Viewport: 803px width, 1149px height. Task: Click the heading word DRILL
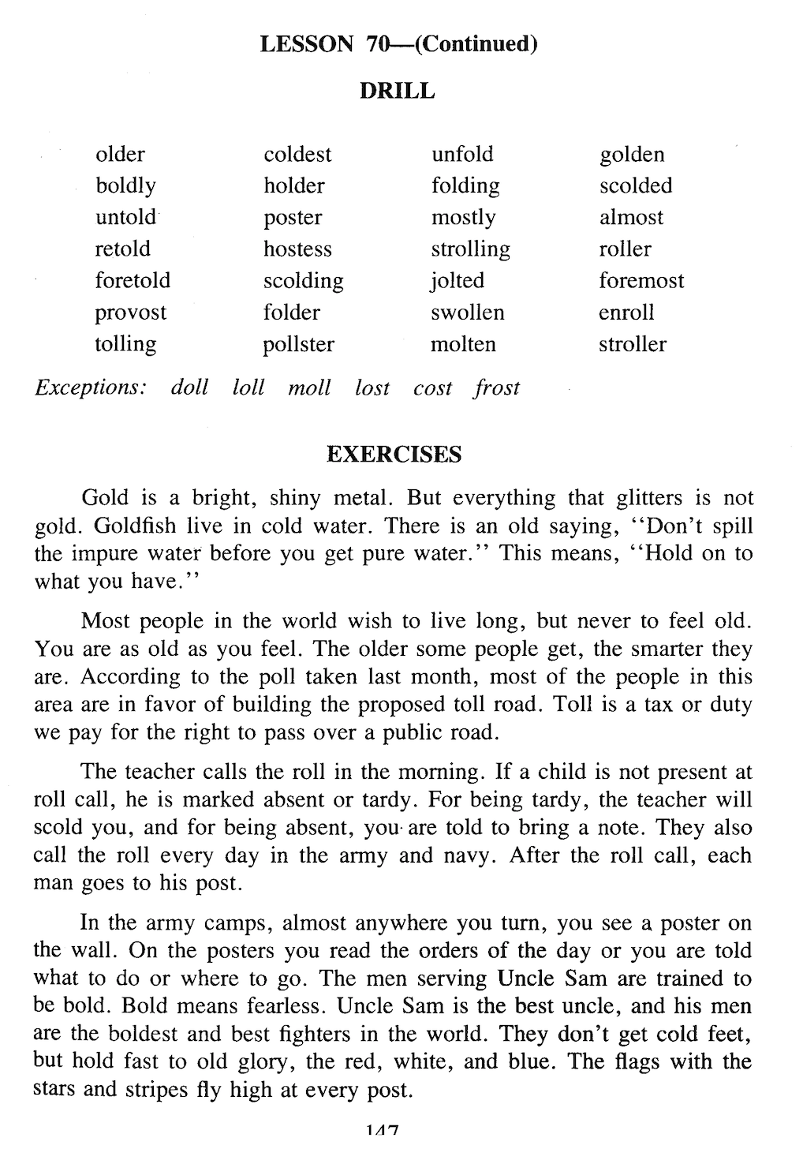[397, 92]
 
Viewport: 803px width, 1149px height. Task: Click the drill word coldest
[297, 155]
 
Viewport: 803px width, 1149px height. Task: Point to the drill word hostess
[297, 249]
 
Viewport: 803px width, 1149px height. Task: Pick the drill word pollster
[299, 345]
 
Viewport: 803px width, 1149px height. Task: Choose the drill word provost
[131, 313]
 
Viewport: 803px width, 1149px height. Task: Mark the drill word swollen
[467, 313]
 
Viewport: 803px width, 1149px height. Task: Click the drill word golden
[632, 155]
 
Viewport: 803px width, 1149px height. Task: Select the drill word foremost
[641, 281]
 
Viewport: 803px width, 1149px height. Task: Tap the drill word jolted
[458, 282]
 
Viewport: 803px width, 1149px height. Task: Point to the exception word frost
[497, 388]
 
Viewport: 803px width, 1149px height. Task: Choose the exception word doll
[189, 387]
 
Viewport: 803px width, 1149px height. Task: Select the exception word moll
[309, 387]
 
